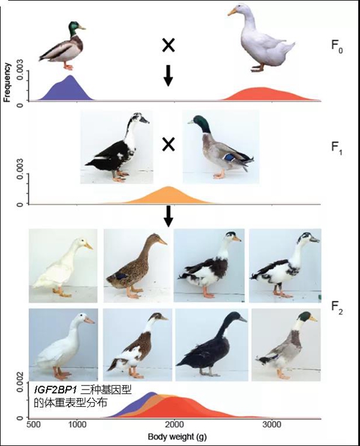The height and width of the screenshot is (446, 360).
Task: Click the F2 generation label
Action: click(x=337, y=308)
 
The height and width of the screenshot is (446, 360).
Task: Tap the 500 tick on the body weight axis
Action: click(x=34, y=425)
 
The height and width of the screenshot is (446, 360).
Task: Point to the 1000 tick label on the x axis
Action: click(x=77, y=425)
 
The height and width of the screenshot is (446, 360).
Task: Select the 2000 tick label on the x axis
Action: click(x=175, y=425)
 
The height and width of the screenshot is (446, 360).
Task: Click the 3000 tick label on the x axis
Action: click(x=272, y=425)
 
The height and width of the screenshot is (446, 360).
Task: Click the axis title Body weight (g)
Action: click(x=177, y=437)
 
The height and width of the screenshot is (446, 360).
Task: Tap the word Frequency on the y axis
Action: click(x=7, y=82)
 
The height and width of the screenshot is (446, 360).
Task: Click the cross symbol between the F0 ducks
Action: click(x=169, y=46)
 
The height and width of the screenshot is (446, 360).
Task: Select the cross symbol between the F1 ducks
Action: click(x=169, y=145)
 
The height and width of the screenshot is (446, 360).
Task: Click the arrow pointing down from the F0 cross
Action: click(x=169, y=76)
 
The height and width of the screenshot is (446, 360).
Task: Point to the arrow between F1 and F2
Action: click(x=169, y=216)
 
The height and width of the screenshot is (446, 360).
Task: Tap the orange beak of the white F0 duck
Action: click(x=232, y=11)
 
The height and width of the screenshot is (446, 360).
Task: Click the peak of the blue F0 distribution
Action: click(x=70, y=76)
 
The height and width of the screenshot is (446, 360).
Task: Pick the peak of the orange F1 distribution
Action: click(x=169, y=187)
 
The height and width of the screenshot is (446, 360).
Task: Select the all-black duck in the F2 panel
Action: click(x=210, y=345)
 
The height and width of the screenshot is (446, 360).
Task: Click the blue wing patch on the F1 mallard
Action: click(x=229, y=157)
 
